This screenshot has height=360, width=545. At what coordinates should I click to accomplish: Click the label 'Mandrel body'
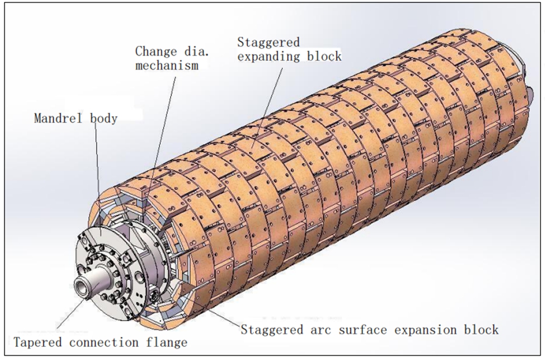click(75, 118)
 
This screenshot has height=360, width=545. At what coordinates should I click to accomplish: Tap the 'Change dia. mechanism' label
click(167, 58)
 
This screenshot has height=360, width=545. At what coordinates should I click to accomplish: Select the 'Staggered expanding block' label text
click(289, 49)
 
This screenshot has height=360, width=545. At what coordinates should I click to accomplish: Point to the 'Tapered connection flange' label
click(100, 343)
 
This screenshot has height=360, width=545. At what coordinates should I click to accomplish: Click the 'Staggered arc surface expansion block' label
click(370, 330)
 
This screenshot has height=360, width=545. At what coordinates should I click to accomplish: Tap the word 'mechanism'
click(167, 65)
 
